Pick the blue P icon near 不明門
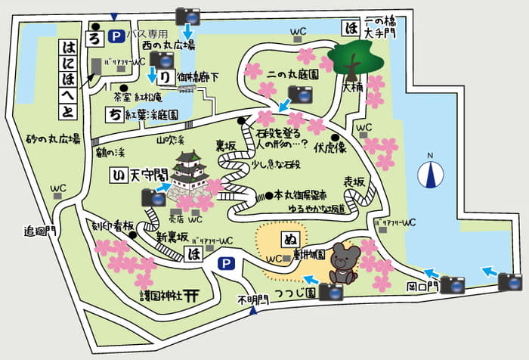(225, 264)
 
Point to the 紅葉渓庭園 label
(152, 116)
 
